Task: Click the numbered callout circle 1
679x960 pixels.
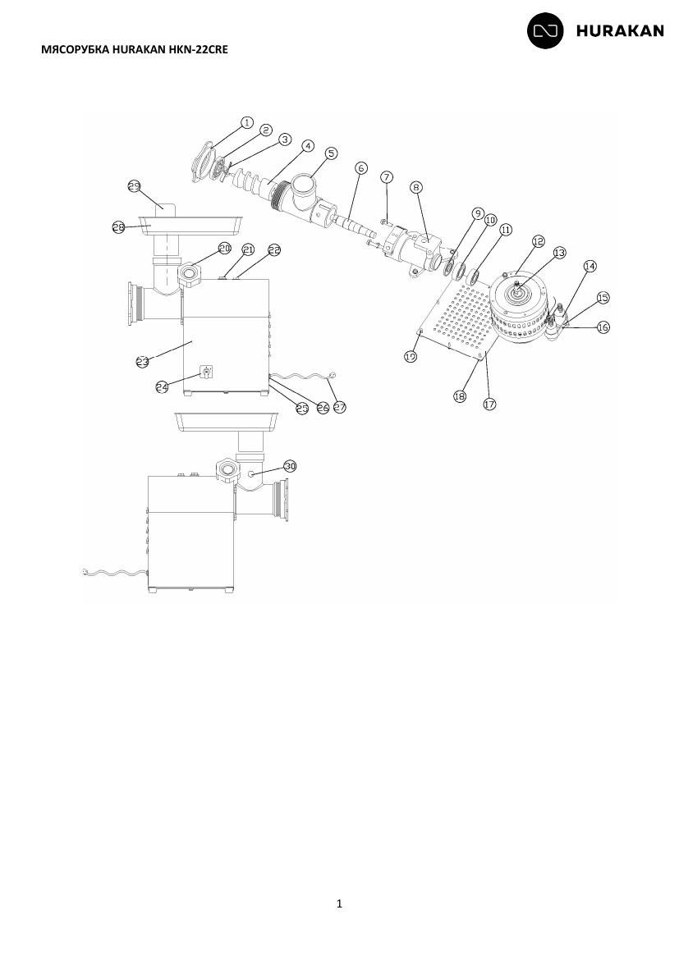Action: tap(246, 122)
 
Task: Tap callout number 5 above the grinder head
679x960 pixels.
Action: tap(332, 153)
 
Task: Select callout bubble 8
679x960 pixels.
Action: tap(417, 187)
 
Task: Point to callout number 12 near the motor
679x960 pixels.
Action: tap(538, 241)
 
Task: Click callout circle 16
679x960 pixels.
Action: tap(603, 327)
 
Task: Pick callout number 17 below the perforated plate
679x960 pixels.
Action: tap(489, 404)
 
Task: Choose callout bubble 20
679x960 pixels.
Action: tap(224, 248)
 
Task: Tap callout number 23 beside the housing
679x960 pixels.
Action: tap(142, 362)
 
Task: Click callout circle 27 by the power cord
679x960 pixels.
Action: tap(340, 406)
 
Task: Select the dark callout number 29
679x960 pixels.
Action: tap(134, 186)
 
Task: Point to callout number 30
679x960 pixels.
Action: tap(290, 466)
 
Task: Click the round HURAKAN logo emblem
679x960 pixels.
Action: tap(545, 30)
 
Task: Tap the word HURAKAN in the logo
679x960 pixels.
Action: tap(620, 31)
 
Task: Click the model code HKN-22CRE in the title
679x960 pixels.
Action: tap(199, 49)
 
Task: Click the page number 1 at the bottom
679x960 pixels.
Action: tap(340, 903)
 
